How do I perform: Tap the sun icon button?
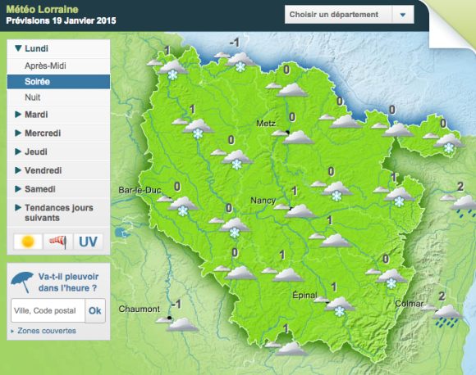click(x=28, y=242)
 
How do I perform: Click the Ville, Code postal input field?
click(x=46, y=310)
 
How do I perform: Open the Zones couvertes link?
click(x=45, y=331)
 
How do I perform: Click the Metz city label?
click(x=266, y=124)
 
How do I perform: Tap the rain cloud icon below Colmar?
click(x=448, y=316)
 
